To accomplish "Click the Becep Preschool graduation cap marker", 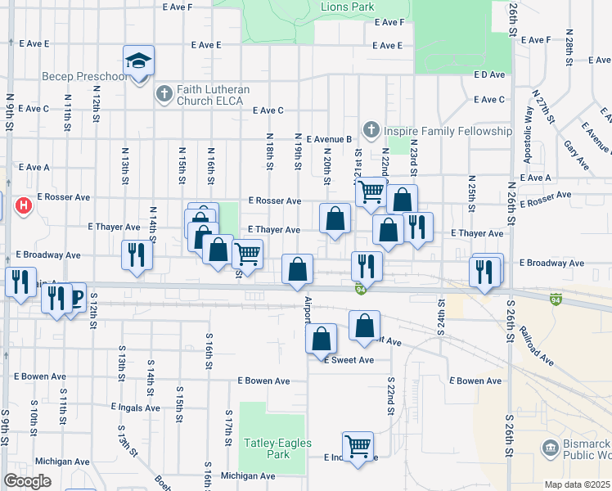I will (x=139, y=61).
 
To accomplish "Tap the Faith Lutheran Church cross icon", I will (x=163, y=93).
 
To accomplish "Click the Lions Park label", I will (x=349, y=7).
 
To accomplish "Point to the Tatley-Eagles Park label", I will (x=267, y=448).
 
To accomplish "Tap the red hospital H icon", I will (x=24, y=205).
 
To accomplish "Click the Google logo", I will (x=27, y=481).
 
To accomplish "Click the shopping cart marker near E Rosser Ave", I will (x=371, y=191).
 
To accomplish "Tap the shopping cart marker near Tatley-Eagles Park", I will (x=358, y=447).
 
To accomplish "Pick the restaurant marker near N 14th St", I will (x=135, y=255).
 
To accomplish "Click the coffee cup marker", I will (x=74, y=297).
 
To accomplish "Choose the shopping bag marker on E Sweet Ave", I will (x=322, y=338).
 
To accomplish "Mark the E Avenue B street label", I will (x=329, y=139).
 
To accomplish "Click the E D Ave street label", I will (x=489, y=74).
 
